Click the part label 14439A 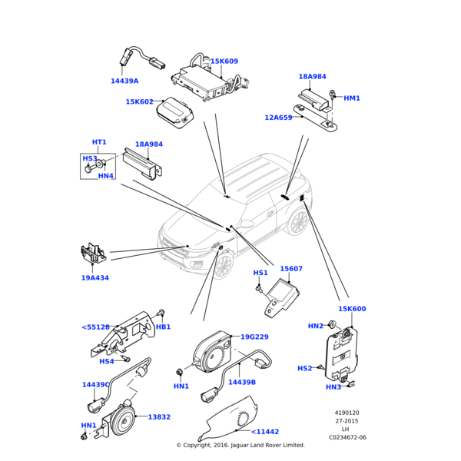click(x=124, y=81)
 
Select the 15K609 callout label click(x=224, y=61)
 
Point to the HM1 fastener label click(x=352, y=98)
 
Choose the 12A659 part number click(x=278, y=118)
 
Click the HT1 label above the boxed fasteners click(x=99, y=142)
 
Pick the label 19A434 click(x=95, y=278)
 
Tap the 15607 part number click(x=291, y=269)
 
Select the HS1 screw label click(x=260, y=273)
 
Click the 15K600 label click(x=352, y=309)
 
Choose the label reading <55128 click(x=95, y=327)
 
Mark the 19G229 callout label click(x=254, y=337)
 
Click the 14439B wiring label click(x=242, y=382)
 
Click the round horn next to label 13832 click(x=121, y=420)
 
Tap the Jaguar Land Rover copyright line click(x=240, y=445)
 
